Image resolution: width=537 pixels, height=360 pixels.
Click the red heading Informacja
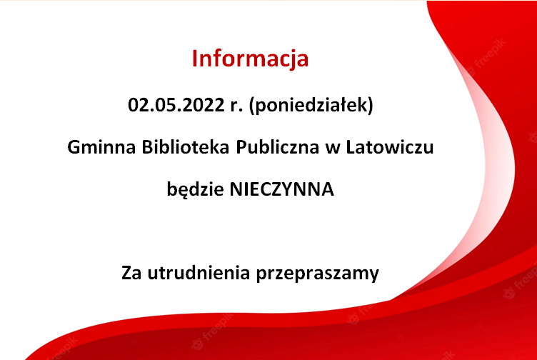pyautogui.click(x=251, y=59)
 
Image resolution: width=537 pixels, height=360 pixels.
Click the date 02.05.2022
pyautogui.click(x=176, y=105)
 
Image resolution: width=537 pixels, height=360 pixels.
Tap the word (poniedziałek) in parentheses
pyautogui.click(x=311, y=106)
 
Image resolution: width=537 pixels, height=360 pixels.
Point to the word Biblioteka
pyautogui.click(x=185, y=147)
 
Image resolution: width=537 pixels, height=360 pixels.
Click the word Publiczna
pyautogui.click(x=277, y=148)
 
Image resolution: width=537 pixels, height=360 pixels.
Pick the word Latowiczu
pyautogui.click(x=390, y=147)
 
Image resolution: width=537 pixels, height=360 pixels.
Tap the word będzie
pyautogui.click(x=195, y=189)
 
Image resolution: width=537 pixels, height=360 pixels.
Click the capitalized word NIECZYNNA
pyautogui.click(x=281, y=190)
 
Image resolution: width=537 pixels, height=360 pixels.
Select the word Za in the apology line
pyautogui.click(x=131, y=274)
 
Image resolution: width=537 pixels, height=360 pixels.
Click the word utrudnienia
pyautogui.click(x=199, y=273)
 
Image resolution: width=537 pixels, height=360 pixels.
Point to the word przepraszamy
pyautogui.click(x=318, y=274)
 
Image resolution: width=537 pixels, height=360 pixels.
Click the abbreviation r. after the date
pyautogui.click(x=236, y=106)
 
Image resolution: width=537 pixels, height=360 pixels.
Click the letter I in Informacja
pyautogui.click(x=194, y=59)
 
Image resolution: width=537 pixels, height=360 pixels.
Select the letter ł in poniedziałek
pyautogui.click(x=351, y=105)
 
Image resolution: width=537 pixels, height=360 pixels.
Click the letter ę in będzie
pyautogui.click(x=184, y=193)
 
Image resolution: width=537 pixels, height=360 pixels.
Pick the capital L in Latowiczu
pyautogui.click(x=351, y=148)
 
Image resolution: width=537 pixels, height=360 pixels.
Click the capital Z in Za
pyautogui.click(x=126, y=274)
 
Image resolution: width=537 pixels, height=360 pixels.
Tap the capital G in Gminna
pyautogui.click(x=74, y=148)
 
